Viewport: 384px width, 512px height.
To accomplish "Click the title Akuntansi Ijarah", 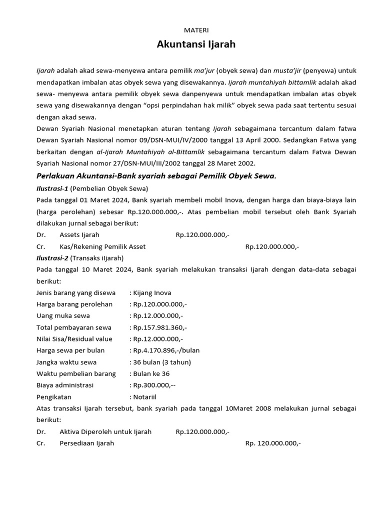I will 196,44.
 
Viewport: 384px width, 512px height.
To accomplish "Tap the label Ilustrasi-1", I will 52,188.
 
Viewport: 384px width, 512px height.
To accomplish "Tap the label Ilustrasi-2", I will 52,258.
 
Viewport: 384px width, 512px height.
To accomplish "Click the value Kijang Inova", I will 152,292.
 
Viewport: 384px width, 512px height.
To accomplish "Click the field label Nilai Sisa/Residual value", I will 74,339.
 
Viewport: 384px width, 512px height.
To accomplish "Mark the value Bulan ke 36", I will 148,373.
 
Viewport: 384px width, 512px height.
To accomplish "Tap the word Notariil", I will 145,397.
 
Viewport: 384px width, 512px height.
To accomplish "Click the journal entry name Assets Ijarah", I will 79,234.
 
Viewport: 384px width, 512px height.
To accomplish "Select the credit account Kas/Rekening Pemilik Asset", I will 102,246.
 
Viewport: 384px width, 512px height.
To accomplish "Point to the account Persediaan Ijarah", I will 86,443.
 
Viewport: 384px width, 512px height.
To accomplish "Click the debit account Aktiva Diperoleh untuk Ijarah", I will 105,431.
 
